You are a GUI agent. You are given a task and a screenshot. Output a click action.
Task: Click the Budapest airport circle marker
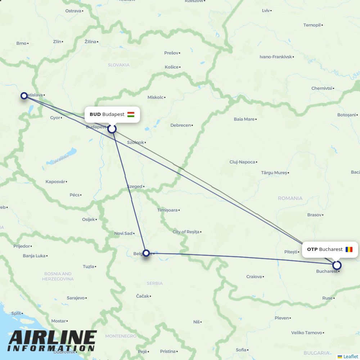click(x=112, y=129)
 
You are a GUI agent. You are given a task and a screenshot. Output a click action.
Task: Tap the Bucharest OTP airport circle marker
click(x=337, y=265)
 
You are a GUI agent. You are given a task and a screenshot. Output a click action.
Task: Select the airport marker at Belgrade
click(x=146, y=253)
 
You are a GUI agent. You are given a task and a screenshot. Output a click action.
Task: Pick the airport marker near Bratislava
click(x=24, y=95)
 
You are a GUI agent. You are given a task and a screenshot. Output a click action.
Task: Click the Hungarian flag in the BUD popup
click(x=131, y=114)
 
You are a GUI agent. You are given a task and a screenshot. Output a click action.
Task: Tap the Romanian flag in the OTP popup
click(x=349, y=249)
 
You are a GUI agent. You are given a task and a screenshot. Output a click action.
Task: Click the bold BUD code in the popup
click(x=95, y=114)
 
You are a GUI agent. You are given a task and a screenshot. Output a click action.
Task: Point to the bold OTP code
click(x=312, y=249)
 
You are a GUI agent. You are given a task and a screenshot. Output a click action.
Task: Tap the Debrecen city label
click(x=181, y=125)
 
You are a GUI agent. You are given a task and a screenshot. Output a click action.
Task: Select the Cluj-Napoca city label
click(x=242, y=162)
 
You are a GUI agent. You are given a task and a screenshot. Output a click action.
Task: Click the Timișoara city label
click(x=167, y=210)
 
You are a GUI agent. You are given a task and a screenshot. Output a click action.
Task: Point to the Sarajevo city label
click(x=76, y=298)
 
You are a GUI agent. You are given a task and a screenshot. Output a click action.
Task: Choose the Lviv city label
click(x=266, y=10)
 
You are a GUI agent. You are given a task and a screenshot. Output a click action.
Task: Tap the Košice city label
click(x=172, y=67)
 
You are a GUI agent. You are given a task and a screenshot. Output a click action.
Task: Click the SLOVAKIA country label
click(x=118, y=65)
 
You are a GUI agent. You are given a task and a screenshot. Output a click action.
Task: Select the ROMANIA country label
click(x=290, y=198)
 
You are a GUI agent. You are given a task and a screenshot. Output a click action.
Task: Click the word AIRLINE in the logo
click(x=53, y=338)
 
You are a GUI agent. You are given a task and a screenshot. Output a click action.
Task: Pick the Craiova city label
click(x=254, y=277)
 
